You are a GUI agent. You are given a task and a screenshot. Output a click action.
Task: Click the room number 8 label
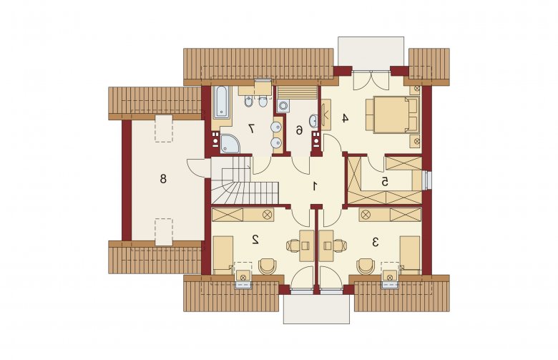tap(163, 178)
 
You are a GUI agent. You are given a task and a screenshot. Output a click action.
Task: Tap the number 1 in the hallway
tap(315, 186)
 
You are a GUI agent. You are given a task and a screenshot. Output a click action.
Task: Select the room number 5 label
tap(385, 182)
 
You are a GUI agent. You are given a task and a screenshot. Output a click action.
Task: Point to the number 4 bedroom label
tap(345, 118)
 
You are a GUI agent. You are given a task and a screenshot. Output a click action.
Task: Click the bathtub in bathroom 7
tap(221, 102)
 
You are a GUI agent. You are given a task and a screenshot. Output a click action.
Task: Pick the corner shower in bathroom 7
tap(230, 144)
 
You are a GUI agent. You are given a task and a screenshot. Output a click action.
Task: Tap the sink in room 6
tap(313, 121)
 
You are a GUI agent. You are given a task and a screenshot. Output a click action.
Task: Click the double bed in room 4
tap(392, 115)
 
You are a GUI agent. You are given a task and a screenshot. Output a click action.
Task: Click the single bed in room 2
tap(222, 254)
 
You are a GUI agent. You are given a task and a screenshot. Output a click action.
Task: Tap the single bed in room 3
tap(411, 254)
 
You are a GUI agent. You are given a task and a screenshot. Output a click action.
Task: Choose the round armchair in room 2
tap(268, 266)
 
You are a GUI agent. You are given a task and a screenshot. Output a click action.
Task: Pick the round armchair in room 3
tap(366, 266)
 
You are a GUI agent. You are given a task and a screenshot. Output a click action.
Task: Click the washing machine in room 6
tap(283, 106)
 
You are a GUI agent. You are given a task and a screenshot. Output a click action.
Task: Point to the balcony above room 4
tap(371, 52)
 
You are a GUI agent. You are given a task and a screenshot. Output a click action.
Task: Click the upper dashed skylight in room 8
tap(164, 129)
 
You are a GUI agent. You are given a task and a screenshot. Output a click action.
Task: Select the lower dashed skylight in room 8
tap(164, 232)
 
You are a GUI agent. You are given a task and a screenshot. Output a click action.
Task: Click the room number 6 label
tap(299, 131)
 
